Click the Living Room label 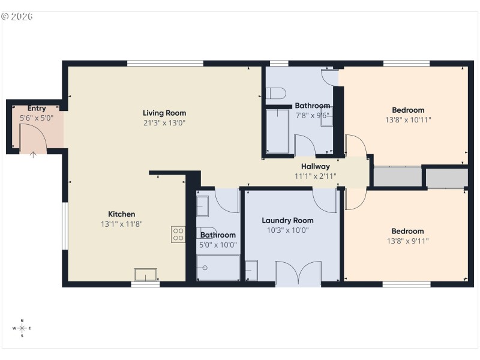coord(164,113)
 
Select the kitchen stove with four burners coord(178,235)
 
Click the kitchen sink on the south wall coord(146,274)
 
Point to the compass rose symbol coord(22,328)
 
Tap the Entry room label coord(37,109)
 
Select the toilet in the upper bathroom coord(275,94)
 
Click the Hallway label coord(315,166)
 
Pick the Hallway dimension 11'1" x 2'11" coord(315,176)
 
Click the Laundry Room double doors coord(298,273)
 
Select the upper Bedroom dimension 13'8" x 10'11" coord(408,119)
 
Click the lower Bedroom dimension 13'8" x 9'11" coord(407,241)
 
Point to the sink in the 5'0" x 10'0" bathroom coord(202,206)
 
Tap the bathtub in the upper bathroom coord(278,131)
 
